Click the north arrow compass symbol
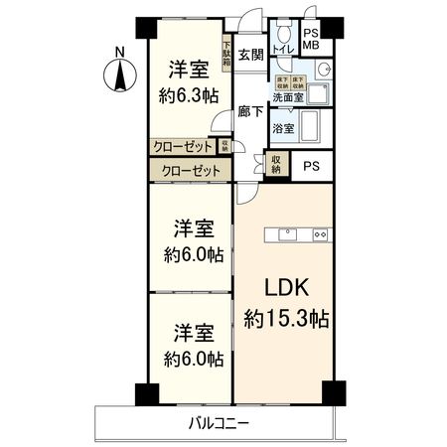[119, 72]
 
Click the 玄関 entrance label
[250, 55]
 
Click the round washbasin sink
[322, 72]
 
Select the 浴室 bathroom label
[282, 128]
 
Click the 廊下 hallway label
[249, 112]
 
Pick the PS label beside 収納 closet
[311, 166]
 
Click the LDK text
[287, 289]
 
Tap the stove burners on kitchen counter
[320, 234]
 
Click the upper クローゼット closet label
[183, 146]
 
